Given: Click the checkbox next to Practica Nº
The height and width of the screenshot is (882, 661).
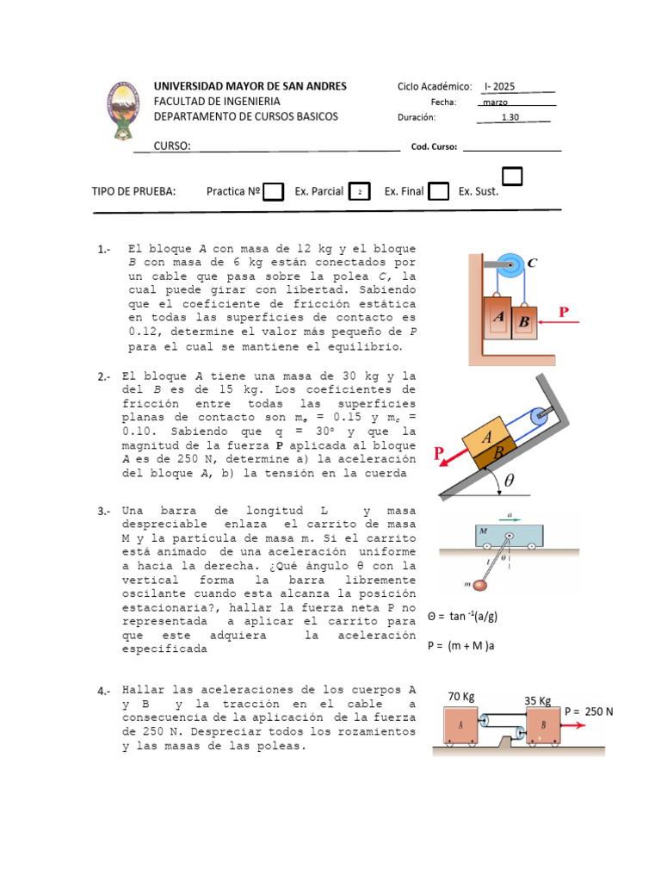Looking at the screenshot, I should [273, 191].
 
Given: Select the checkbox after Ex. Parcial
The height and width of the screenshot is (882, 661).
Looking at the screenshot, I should [360, 191].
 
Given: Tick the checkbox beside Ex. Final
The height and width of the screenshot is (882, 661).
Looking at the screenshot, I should [438, 191].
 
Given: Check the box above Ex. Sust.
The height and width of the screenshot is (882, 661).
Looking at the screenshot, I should [512, 177].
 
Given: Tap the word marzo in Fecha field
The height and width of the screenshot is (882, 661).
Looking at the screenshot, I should [496, 102].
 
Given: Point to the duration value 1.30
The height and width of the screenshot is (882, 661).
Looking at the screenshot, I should [510, 117].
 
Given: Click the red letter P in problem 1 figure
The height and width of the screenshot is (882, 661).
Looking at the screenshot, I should [565, 313].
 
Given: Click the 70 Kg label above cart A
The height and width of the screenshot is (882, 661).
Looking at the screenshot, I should [462, 696].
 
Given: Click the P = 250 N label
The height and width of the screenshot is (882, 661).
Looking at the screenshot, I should [589, 711].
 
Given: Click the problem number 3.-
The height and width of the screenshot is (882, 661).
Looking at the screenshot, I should [104, 512].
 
